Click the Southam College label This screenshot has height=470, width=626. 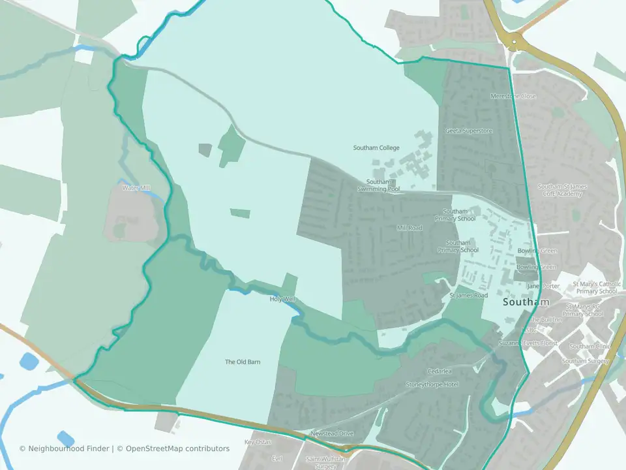(x=376, y=148)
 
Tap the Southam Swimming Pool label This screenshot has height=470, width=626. (x=378, y=185)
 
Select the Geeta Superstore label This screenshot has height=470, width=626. (x=469, y=131)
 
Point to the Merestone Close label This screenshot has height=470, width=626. (x=513, y=96)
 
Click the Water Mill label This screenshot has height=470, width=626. (x=136, y=188)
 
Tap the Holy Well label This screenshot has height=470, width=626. (x=282, y=299)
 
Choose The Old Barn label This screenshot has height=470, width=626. (x=243, y=362)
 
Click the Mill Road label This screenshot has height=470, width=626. (x=410, y=228)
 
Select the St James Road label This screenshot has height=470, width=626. (x=468, y=296)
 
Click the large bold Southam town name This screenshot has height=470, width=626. (x=526, y=304)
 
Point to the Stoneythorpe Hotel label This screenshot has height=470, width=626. (x=432, y=384)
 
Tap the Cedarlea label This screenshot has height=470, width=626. (x=440, y=371)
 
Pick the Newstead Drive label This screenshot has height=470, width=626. (x=332, y=433)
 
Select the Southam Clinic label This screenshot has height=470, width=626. (x=588, y=347)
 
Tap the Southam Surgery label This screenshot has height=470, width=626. (x=585, y=361)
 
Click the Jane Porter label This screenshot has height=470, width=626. (x=543, y=286)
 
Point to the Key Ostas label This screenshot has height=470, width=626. (x=257, y=443)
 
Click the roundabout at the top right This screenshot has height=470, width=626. (x=514, y=42)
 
